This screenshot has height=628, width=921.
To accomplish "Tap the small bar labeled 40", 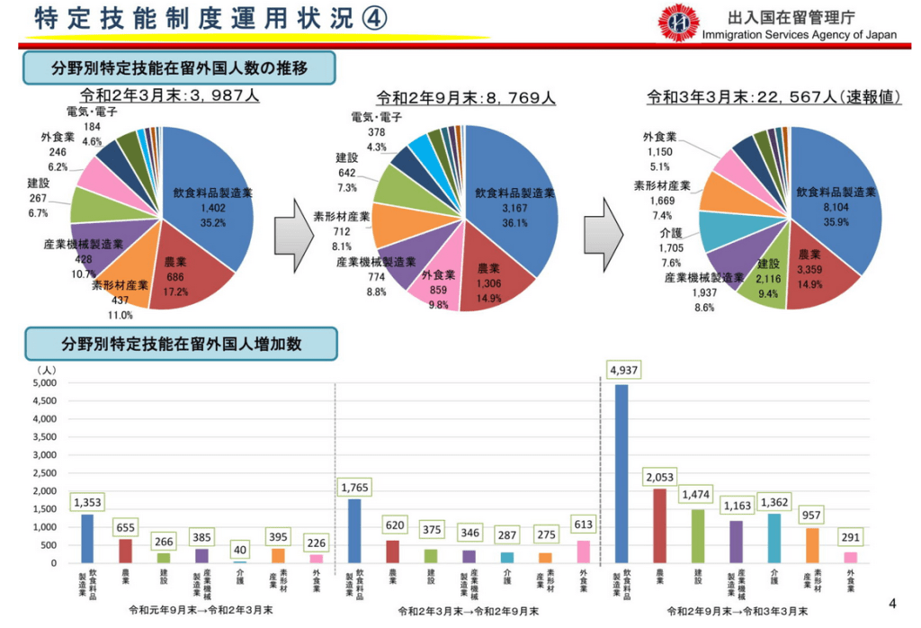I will (239, 561).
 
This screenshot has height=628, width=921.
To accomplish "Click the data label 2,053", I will (659, 477).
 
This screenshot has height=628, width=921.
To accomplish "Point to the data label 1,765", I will (354, 487).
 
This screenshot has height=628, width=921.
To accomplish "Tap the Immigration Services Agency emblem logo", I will (678, 23).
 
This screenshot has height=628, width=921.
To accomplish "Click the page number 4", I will (892, 604).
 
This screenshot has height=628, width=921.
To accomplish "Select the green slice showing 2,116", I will (767, 279).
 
